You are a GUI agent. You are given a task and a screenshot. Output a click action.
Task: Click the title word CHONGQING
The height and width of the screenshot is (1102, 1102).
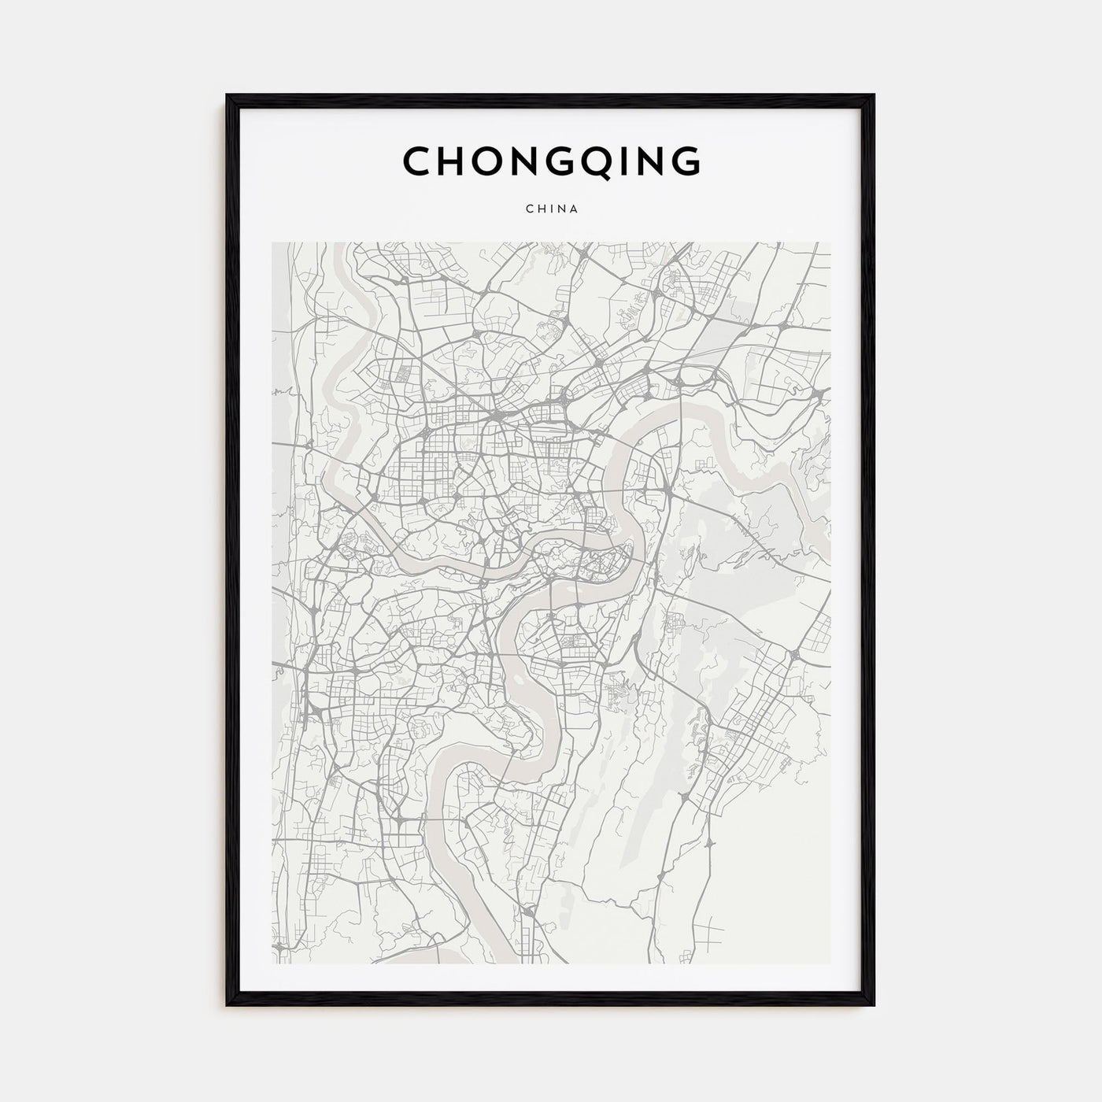pyautogui.click(x=551, y=161)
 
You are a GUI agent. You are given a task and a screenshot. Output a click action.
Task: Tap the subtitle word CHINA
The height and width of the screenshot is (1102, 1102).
pyautogui.click(x=551, y=209)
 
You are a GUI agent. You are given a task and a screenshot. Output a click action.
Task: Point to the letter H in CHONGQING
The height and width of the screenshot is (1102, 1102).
pyautogui.click(x=452, y=161)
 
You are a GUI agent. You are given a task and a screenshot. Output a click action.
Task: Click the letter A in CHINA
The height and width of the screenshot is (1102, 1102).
pyautogui.click(x=575, y=209)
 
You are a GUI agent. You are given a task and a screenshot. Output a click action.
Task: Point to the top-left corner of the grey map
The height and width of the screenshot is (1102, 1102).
pyautogui.click(x=272, y=242)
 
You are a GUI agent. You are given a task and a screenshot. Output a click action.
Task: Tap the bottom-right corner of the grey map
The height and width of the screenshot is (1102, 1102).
pyautogui.click(x=830, y=963)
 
